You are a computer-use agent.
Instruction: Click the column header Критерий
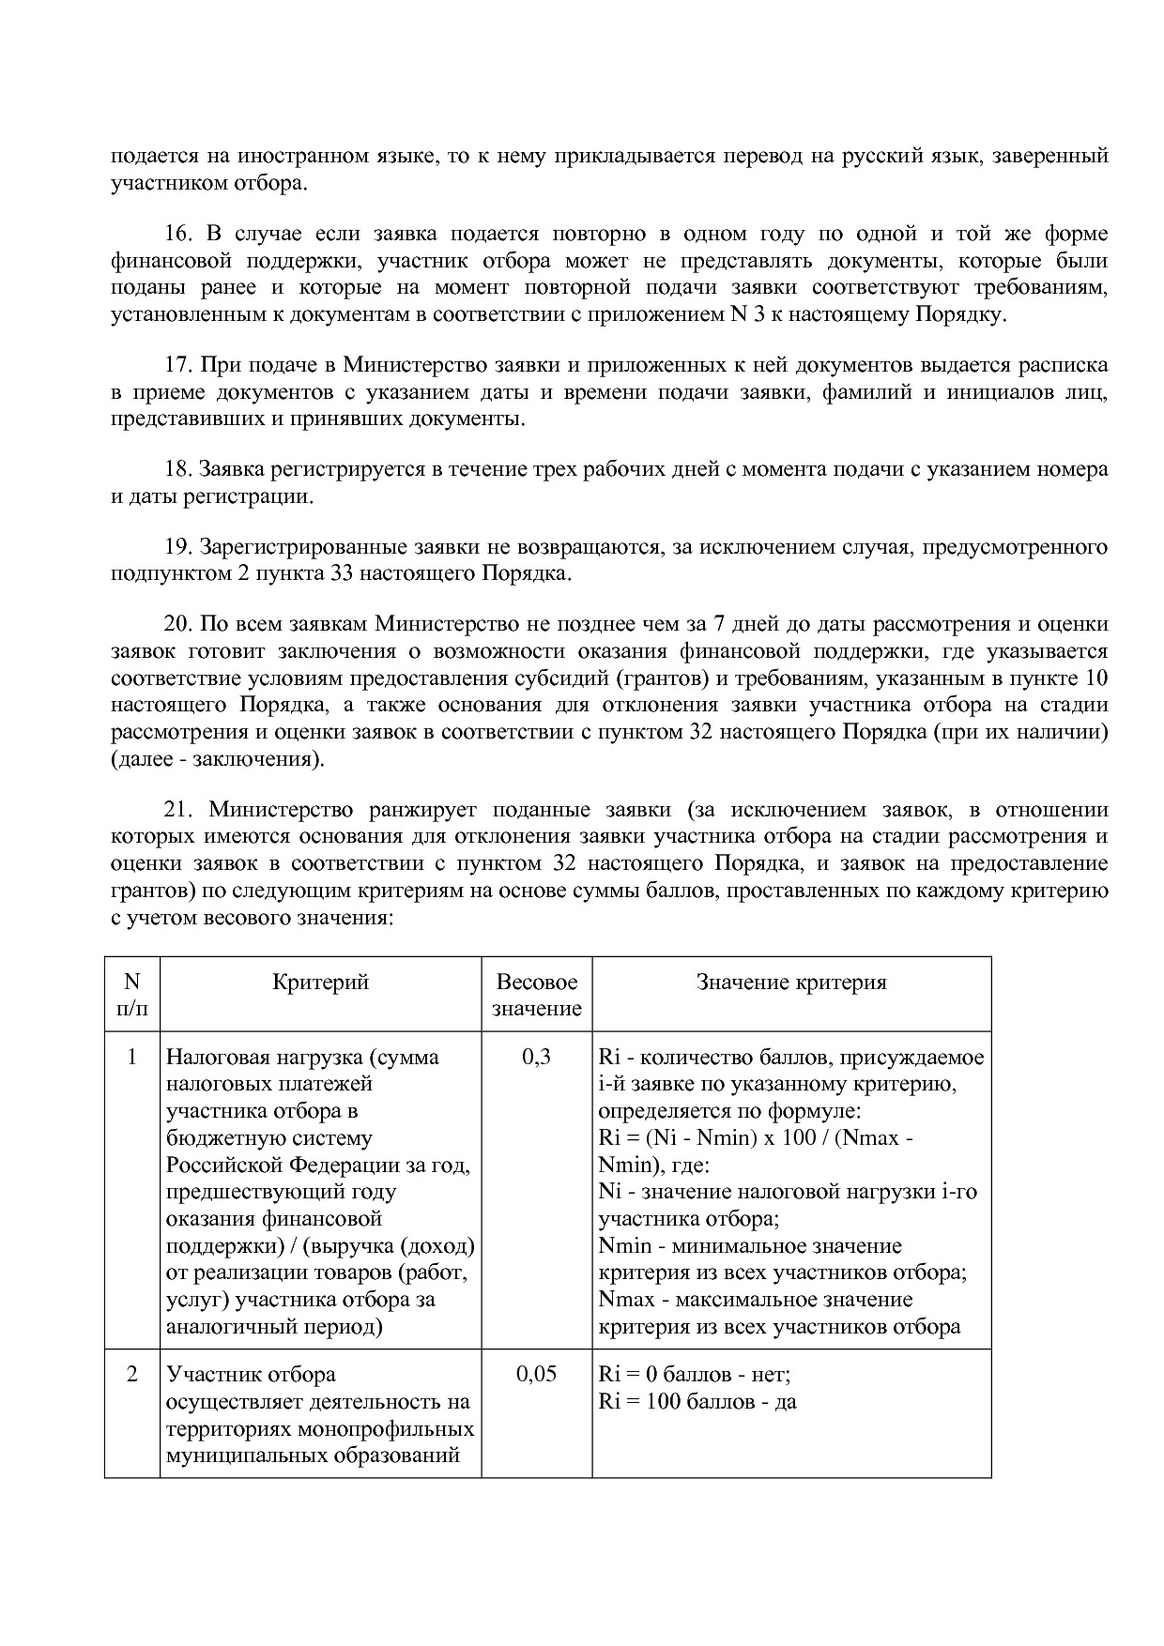coord(320,983)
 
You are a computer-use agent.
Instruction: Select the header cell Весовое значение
coord(536,996)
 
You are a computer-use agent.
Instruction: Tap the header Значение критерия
coord(790,983)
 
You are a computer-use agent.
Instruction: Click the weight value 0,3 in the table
coord(536,1058)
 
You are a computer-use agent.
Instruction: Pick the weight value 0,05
coord(536,1375)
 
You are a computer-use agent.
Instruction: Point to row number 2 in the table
coord(131,1375)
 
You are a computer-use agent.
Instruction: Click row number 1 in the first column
coord(131,1058)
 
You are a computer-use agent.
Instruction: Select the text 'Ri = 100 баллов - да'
coord(697,1403)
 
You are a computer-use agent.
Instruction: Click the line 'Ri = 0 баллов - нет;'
coord(695,1375)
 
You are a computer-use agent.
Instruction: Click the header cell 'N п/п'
coord(131,996)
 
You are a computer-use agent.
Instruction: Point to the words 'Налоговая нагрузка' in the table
coord(264,1058)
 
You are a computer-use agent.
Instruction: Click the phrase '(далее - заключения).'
coord(218,759)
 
